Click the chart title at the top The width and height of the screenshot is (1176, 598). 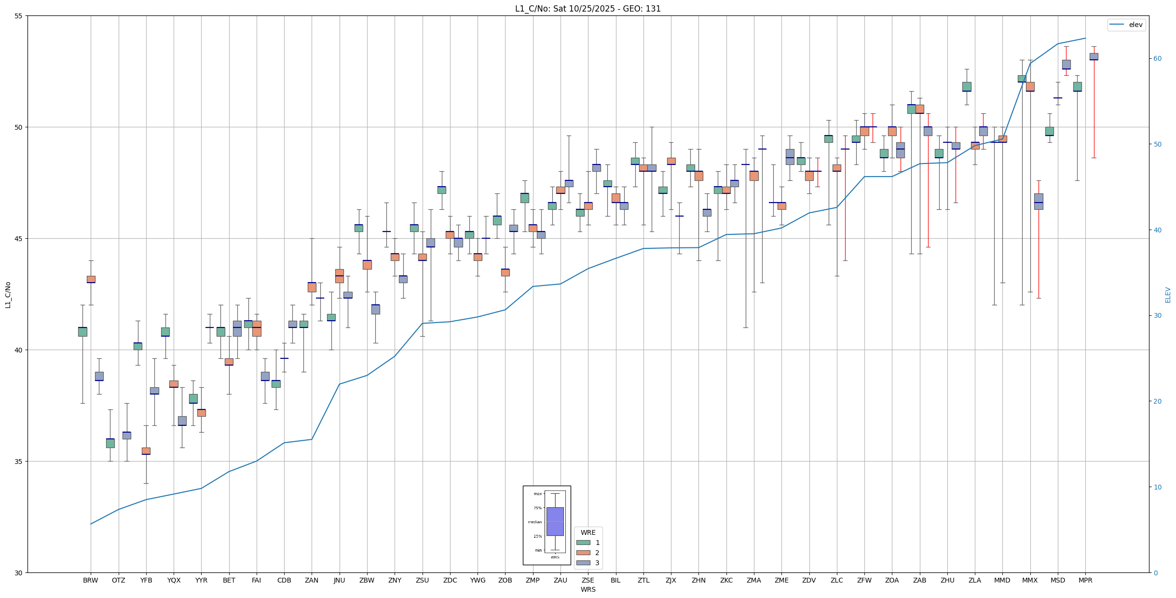click(588, 9)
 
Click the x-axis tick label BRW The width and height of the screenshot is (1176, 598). click(90, 580)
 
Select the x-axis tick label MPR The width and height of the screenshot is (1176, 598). click(1085, 580)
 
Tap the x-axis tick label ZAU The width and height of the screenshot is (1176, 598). click(560, 580)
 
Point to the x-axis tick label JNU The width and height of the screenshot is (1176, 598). click(339, 580)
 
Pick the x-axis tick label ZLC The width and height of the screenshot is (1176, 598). click(836, 580)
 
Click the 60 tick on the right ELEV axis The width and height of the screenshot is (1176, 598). click(1157, 59)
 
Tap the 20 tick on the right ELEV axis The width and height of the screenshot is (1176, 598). click(1157, 401)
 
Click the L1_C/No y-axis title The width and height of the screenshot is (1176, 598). click(8, 295)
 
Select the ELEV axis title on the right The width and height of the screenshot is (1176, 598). click(1168, 295)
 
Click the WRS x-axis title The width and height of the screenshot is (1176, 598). click(588, 589)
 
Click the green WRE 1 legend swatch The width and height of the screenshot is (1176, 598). click(583, 543)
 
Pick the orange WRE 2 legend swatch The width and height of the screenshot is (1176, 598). click(583, 553)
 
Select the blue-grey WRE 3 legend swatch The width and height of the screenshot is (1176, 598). click(583, 563)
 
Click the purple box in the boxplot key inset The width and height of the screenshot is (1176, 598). click(555, 521)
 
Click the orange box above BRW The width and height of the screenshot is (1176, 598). click(91, 279)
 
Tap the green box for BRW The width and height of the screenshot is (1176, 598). click(82, 332)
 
